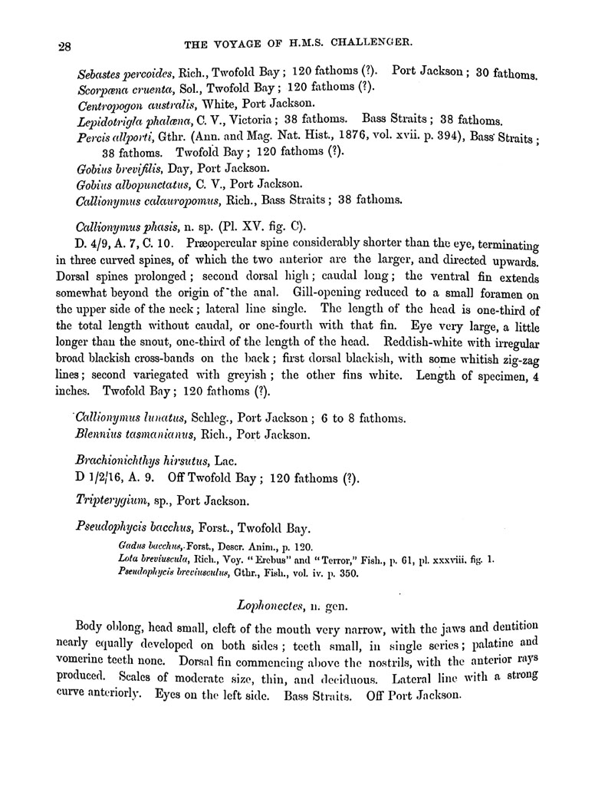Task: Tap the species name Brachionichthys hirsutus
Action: click(140, 463)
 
